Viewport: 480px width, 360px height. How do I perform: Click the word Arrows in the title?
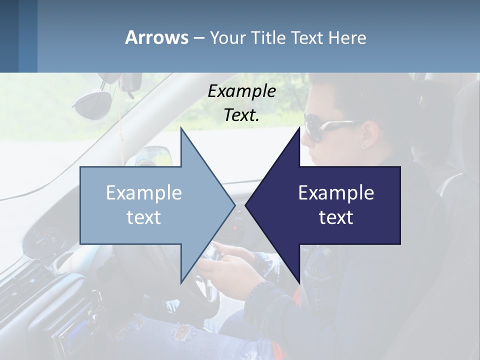pyautogui.click(x=156, y=37)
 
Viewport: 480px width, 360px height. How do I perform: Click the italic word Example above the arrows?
pyautogui.click(x=241, y=91)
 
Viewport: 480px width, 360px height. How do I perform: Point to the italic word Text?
pyautogui.click(x=241, y=115)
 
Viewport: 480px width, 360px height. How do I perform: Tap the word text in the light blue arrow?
pyautogui.click(x=143, y=217)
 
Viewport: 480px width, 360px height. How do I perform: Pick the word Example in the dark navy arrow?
pyautogui.click(x=336, y=193)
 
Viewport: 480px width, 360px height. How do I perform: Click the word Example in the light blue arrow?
pyautogui.click(x=143, y=193)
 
